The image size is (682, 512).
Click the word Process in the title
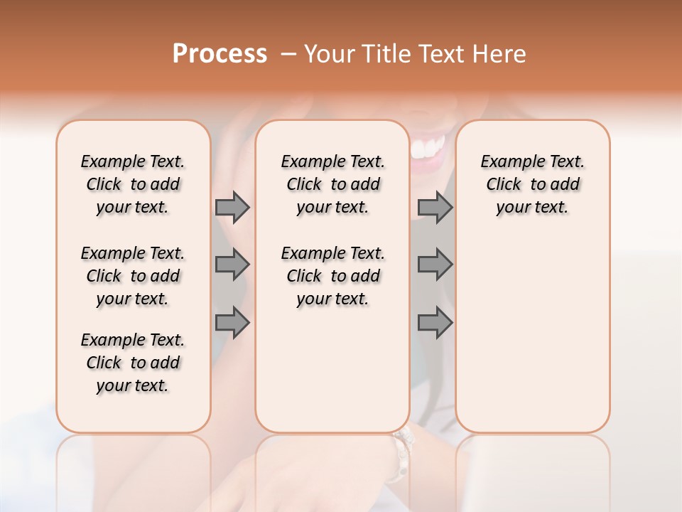click(220, 54)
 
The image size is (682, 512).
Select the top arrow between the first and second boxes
click(232, 207)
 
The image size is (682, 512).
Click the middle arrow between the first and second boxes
click(232, 265)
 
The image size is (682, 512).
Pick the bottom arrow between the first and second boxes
click(232, 323)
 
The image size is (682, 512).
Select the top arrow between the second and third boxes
click(435, 207)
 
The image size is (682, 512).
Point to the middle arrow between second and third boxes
click(435, 265)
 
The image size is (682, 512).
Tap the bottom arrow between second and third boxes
click(435, 323)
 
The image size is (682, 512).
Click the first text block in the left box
click(133, 184)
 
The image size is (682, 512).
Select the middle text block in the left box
click(133, 276)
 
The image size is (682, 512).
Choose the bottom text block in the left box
click(133, 363)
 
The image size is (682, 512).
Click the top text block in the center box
click(332, 184)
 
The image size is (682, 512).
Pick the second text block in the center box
click(332, 276)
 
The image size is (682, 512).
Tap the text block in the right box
click(532, 184)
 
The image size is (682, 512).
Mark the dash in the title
click(288, 54)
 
